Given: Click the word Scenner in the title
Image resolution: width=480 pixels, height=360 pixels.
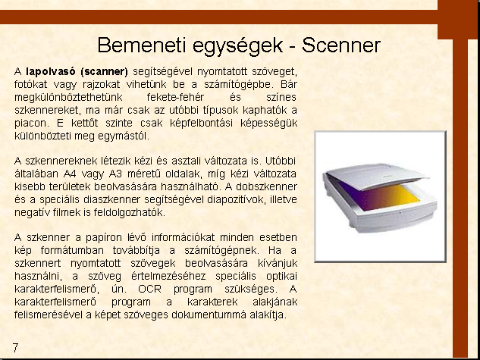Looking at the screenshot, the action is pos(341,45).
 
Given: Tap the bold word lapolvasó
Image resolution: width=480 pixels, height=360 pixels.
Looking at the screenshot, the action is pos(51,71).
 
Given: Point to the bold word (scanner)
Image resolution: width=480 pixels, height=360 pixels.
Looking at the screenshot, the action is pos(105,71).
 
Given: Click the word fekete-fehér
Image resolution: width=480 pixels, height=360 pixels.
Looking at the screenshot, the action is pos(175,97).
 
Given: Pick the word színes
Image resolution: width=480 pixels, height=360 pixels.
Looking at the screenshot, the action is pos(281,97).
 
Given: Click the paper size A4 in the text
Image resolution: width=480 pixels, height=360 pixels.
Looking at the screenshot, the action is pos(70,174).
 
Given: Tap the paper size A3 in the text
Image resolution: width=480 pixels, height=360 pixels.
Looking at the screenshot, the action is pos(115,174).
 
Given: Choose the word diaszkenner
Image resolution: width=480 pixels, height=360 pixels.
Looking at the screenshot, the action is pos(111,199).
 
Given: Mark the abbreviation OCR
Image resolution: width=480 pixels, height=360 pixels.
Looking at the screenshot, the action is pos(149,289).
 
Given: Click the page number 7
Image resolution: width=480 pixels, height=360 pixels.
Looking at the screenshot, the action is pos(15,348).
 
